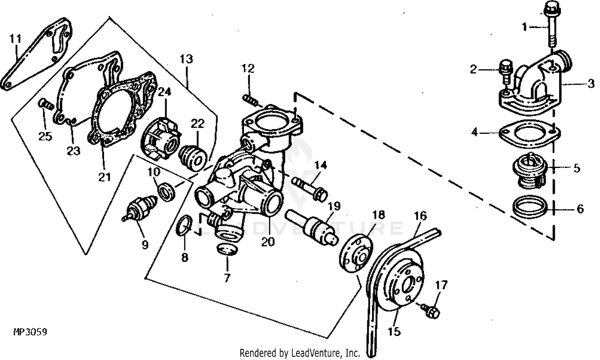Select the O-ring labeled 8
(184, 225)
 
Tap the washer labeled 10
(167, 191)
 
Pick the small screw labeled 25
(46, 106)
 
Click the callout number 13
(186, 59)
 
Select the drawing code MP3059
(30, 332)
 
